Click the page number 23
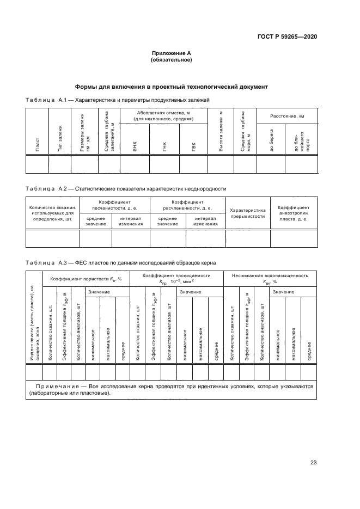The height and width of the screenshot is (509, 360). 313,463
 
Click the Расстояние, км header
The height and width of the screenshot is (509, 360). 286,116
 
